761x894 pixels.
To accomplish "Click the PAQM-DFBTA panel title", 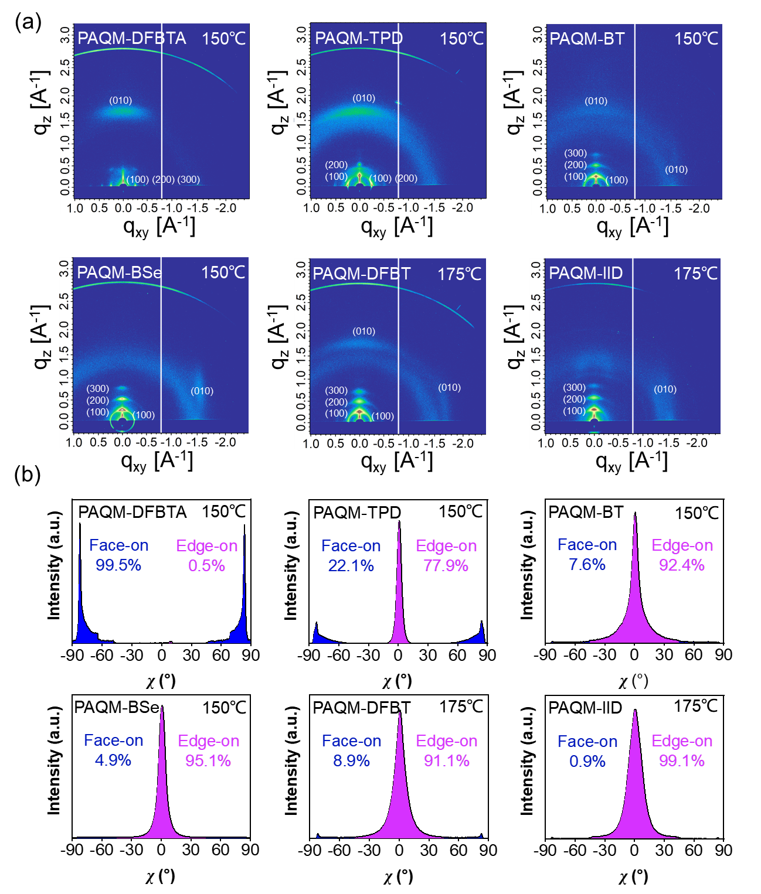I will coord(132,39).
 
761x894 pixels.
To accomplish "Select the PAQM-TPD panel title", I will coord(359,39).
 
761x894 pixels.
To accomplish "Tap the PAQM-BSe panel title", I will coord(120,273).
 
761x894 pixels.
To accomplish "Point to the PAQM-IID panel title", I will coord(586,274).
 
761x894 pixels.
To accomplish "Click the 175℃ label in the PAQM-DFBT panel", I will coord(459,274).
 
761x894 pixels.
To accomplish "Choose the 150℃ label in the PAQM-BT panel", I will coord(696,39).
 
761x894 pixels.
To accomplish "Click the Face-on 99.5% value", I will coord(118,565).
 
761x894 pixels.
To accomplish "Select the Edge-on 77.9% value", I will coord(446,566).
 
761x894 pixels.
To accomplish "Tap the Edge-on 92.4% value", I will coord(682,565).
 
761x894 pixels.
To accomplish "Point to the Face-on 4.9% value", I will coord(113,760).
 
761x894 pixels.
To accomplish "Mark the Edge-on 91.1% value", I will coord(447,761).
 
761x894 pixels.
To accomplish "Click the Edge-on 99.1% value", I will coord(682,761).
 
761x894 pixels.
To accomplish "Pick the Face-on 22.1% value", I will coord(351,566).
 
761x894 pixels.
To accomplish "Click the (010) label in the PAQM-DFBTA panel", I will coord(121,101).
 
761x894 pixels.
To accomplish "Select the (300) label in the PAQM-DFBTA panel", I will coord(189,179).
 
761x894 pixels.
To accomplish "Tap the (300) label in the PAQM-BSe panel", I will coord(98,388).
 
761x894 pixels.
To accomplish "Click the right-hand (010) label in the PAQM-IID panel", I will coord(665,389).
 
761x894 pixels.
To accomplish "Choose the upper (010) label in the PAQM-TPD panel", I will coord(363,98).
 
